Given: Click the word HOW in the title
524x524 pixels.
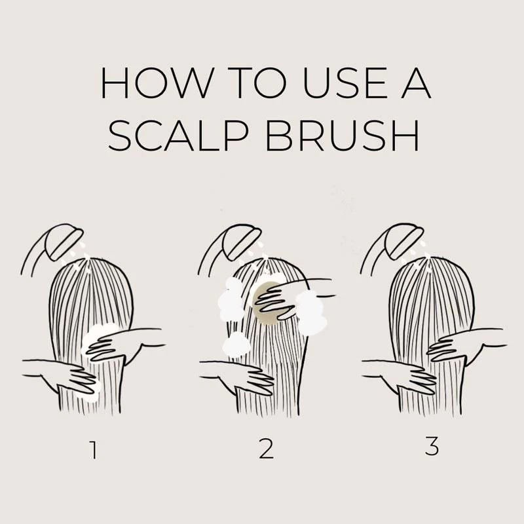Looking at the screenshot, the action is tap(157, 83).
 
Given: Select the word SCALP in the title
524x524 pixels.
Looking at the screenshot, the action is tap(178, 136).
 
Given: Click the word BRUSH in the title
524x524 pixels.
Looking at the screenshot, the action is tap(341, 136).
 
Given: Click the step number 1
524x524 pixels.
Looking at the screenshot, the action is tap(94, 450).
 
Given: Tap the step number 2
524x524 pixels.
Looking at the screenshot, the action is tap(267, 450).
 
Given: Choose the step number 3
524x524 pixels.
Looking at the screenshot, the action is tap(432, 446).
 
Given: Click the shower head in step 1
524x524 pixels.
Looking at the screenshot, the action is tap(64, 243).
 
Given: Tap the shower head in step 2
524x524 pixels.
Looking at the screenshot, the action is tap(241, 243).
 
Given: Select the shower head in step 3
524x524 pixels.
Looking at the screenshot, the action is tap(404, 243).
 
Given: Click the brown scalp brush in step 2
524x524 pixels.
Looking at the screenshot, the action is tap(267, 303).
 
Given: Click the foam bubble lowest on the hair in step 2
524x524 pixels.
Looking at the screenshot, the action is tap(236, 345).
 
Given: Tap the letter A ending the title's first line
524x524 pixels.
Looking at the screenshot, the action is tap(416, 83).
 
